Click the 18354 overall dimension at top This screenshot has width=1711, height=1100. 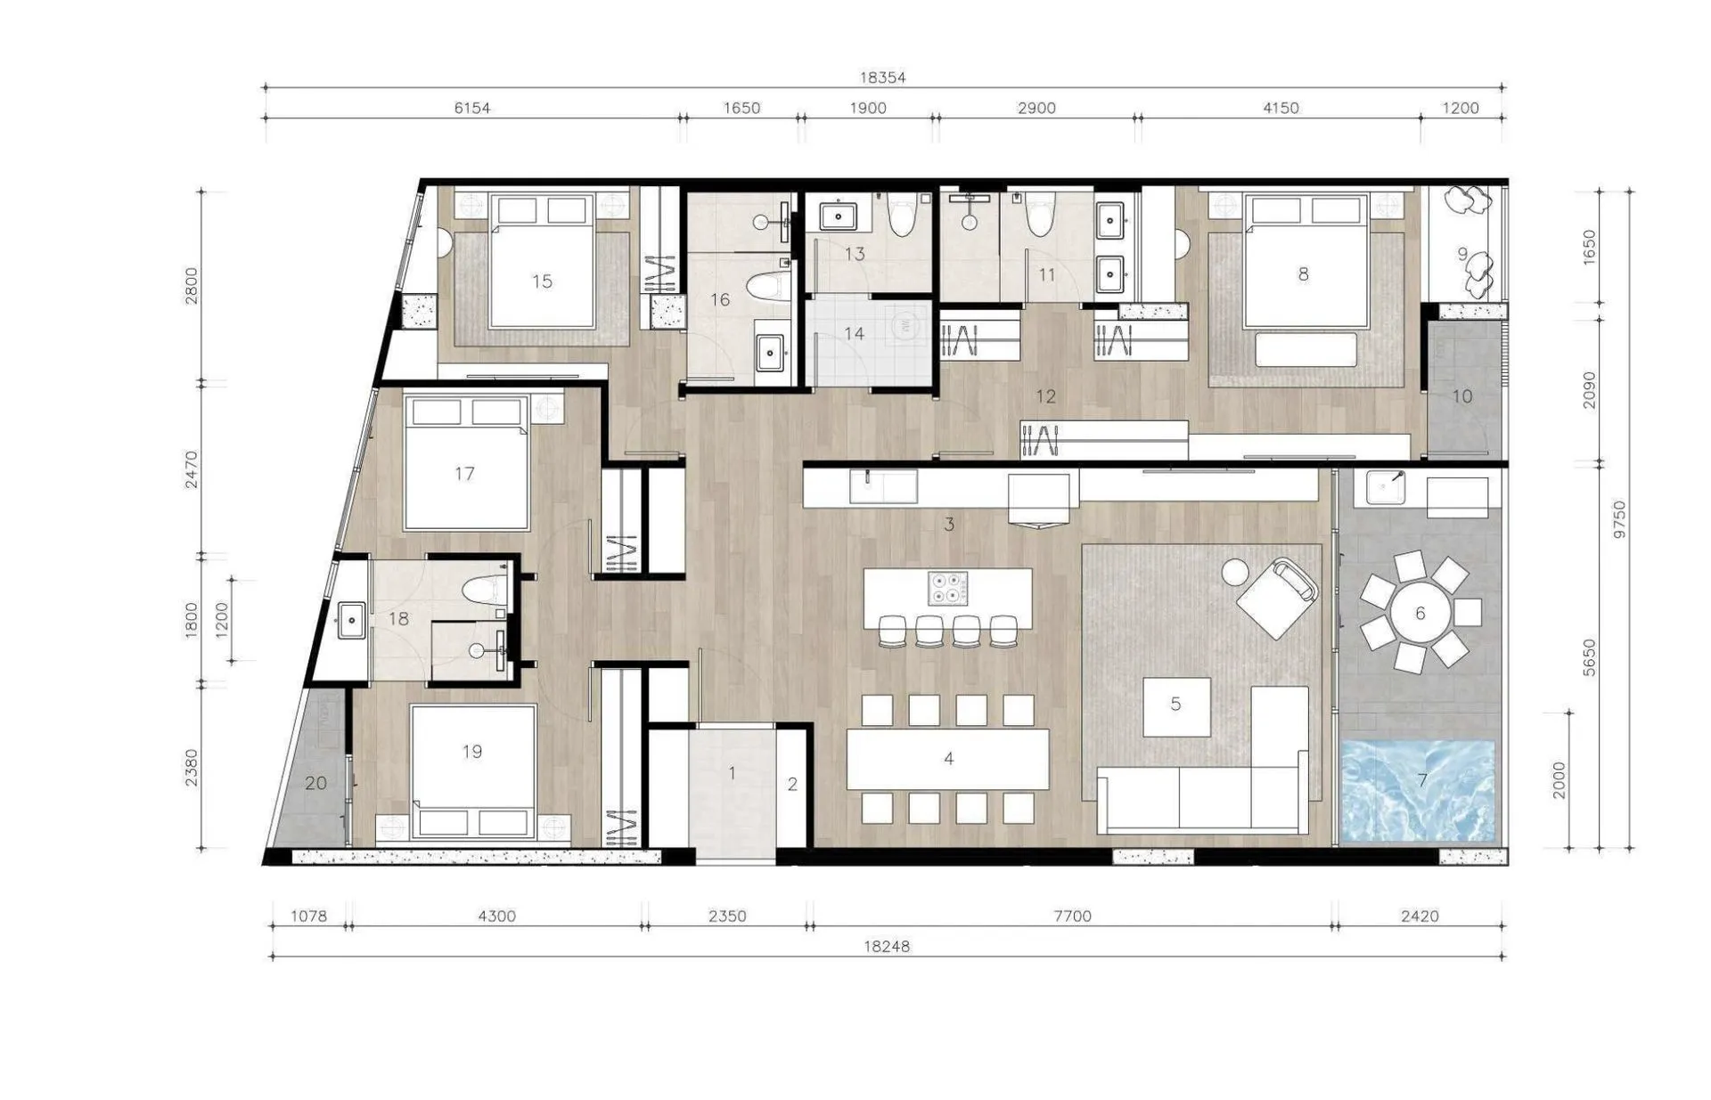pos(882,77)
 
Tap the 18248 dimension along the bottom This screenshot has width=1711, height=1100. pos(887,947)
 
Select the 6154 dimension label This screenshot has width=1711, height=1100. pos(472,108)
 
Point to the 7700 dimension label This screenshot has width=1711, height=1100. pos(1072,916)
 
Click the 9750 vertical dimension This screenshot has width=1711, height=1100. pos(1619,519)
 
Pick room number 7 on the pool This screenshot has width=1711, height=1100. pos(1422,781)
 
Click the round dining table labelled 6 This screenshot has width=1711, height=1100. pos(1420,613)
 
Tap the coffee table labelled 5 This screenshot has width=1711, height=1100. pos(1176,706)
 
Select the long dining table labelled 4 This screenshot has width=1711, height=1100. pos(948,759)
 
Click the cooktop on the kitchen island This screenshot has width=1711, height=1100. pos(947,588)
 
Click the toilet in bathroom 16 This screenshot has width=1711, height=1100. pos(769,287)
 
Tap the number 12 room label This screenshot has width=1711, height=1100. pos(1045,395)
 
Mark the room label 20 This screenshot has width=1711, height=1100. pos(316,783)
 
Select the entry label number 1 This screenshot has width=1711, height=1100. pos(733,773)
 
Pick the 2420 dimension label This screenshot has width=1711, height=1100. pos(1420,916)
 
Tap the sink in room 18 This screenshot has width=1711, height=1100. pos(352,618)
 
